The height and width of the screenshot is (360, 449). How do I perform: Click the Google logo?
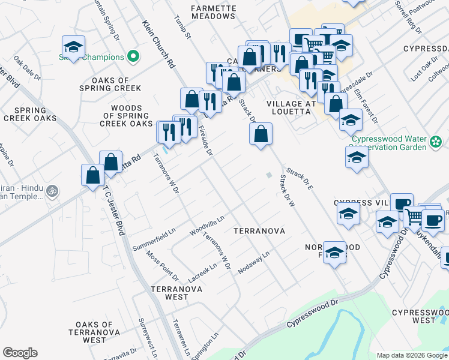click(20, 353)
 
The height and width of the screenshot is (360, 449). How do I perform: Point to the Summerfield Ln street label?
click(154, 239)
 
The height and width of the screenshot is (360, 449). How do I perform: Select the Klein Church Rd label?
click(158, 44)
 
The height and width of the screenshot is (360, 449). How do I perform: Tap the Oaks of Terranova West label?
click(91, 332)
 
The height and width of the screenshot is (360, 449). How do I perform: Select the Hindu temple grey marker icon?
click(53, 191)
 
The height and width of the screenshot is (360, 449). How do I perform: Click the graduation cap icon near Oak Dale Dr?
click(73, 47)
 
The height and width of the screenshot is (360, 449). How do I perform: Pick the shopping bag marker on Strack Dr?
click(261, 134)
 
